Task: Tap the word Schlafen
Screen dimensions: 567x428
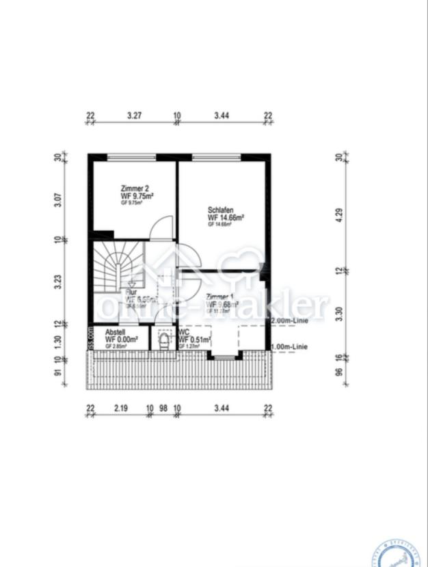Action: point(222,210)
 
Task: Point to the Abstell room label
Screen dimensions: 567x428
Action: point(116,332)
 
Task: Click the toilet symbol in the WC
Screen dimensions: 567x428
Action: point(164,340)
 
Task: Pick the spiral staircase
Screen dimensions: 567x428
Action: point(118,267)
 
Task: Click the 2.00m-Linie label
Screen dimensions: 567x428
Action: point(289,320)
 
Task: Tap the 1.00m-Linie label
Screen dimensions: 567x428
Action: point(289,347)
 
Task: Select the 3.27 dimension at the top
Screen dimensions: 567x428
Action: point(134,116)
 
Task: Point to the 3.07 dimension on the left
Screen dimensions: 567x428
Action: point(58,200)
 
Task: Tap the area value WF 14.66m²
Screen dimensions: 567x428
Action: point(226,217)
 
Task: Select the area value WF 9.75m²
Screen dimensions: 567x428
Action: point(137,195)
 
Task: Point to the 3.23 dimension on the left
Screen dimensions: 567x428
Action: point(58,281)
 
